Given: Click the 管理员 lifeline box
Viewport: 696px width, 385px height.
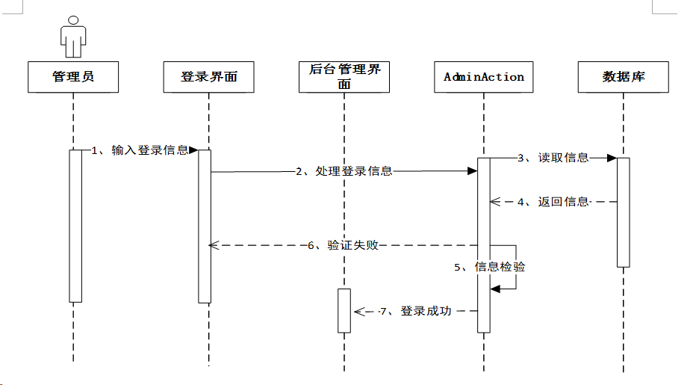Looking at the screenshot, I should tap(73, 77).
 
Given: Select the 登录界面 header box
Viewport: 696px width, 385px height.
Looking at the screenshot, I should tap(208, 77).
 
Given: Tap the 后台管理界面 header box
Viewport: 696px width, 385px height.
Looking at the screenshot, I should tap(344, 77).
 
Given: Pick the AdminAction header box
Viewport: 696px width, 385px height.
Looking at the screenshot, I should tap(483, 77).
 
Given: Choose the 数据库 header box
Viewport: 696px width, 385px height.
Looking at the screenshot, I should tap(624, 77).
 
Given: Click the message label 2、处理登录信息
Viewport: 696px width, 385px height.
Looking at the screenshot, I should tap(344, 171).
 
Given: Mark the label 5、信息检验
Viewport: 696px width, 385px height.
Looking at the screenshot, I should tap(490, 267).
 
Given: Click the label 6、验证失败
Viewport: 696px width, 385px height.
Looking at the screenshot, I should tap(344, 245).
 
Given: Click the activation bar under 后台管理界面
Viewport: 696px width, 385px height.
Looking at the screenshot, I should tap(344, 310).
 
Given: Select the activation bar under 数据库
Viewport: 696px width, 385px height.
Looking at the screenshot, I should tap(624, 212).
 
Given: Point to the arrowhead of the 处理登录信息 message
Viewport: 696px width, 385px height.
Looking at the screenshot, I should tap(473, 171).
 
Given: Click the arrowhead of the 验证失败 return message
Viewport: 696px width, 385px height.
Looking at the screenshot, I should tap(214, 245).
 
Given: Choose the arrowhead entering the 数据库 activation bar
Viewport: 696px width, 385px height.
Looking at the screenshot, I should tap(612, 158).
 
